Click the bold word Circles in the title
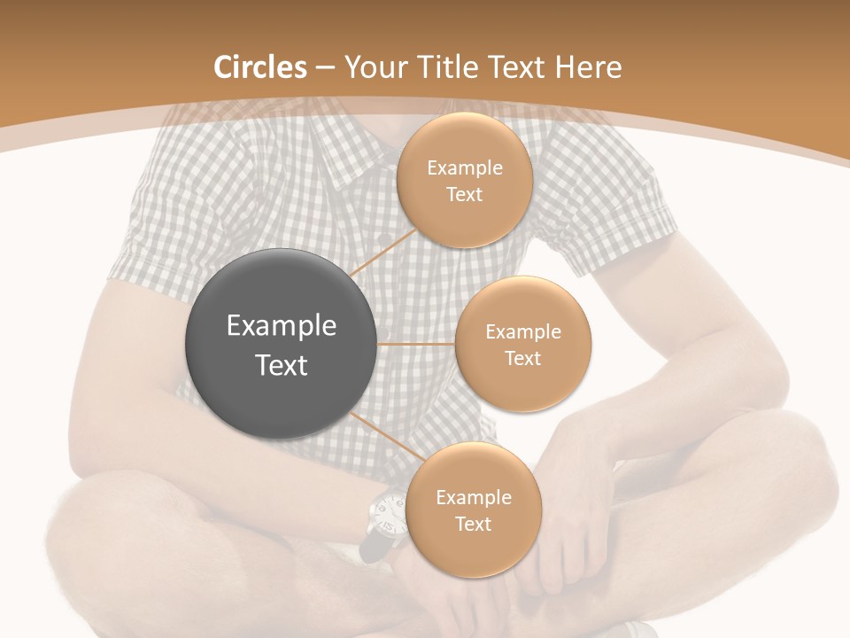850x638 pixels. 260,67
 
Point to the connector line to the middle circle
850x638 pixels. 416,344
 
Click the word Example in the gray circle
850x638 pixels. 282,326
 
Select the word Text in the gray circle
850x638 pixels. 282,365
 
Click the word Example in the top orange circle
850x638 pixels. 465,168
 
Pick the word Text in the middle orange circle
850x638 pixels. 523,359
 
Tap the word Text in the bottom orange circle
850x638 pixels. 473,525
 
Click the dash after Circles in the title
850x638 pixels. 325,67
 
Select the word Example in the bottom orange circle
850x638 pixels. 473,498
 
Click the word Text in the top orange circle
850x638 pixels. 465,195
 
